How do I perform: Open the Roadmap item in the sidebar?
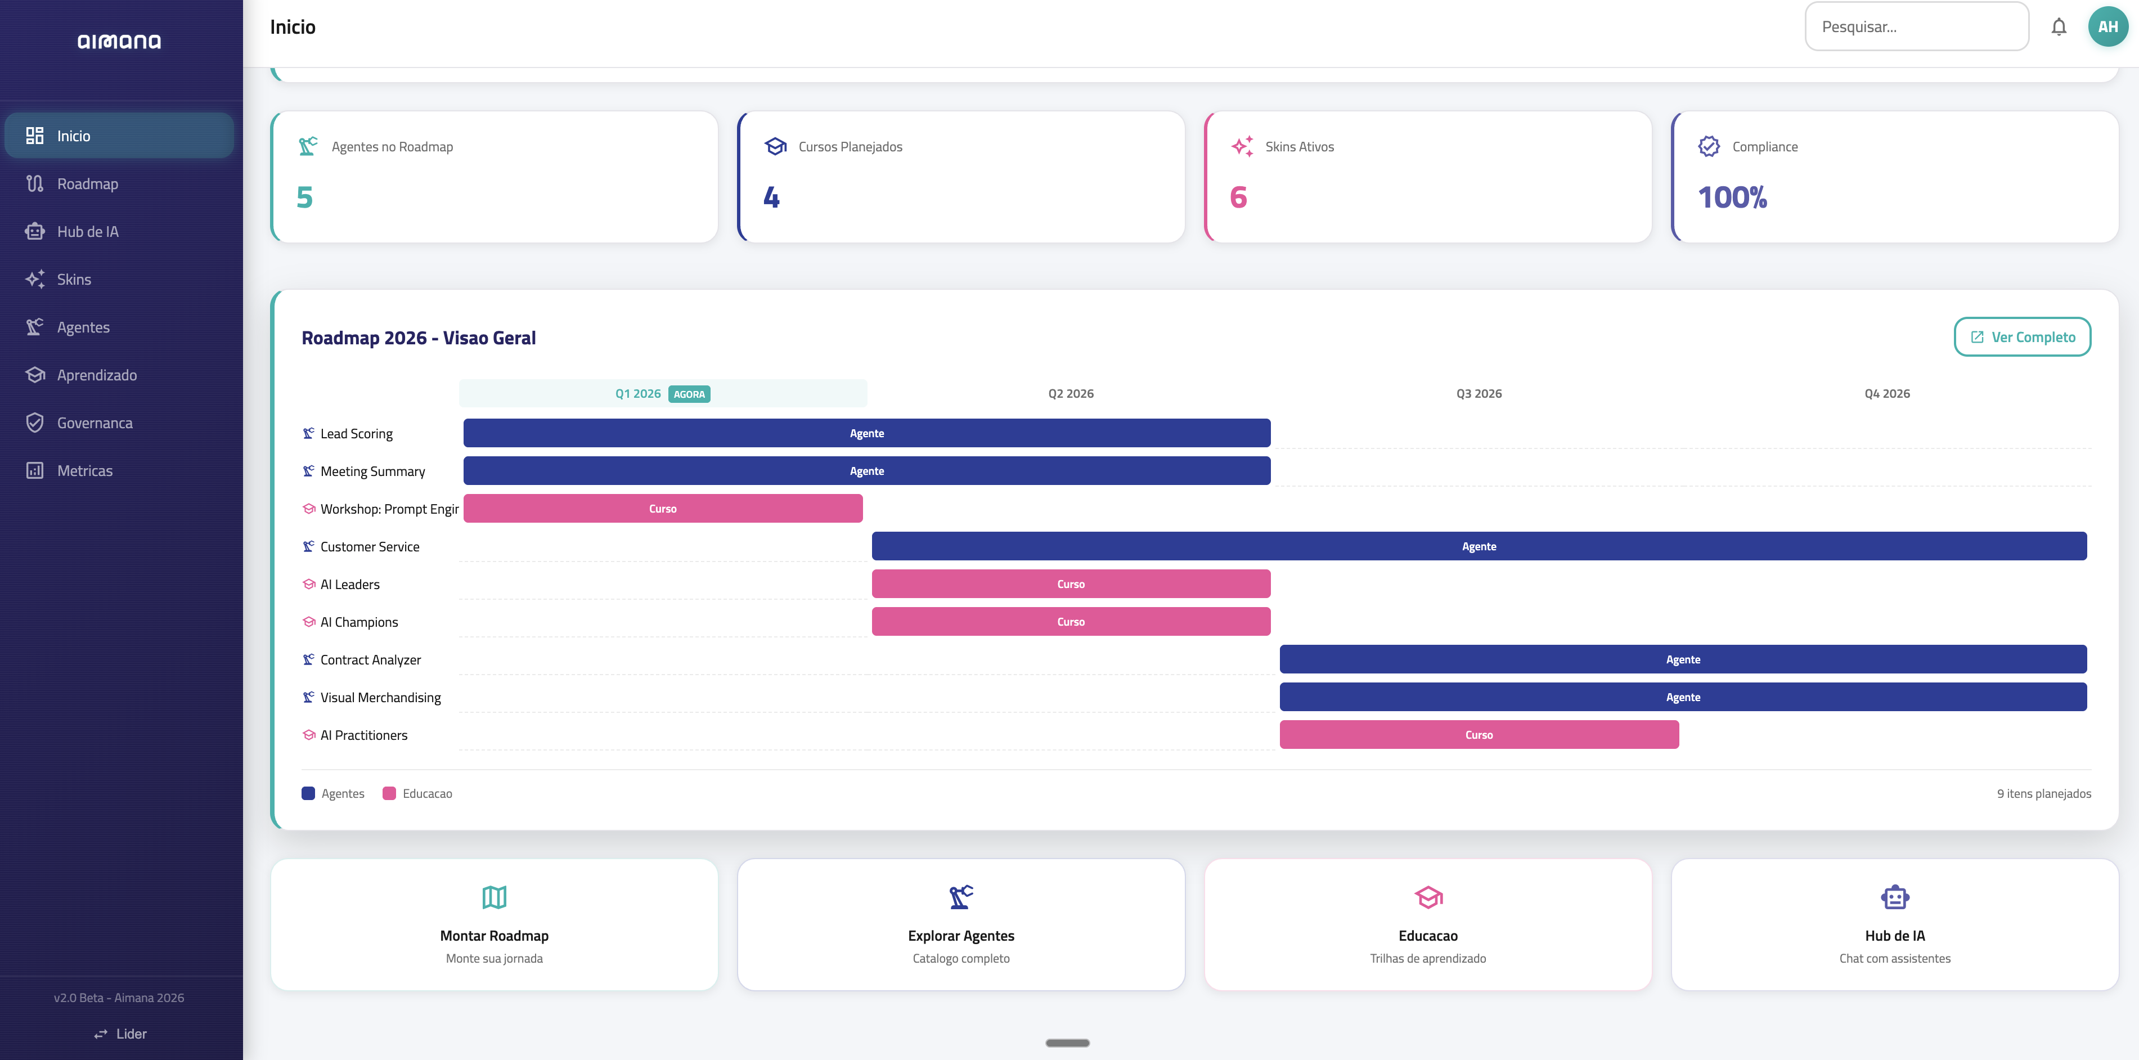pyautogui.click(x=87, y=183)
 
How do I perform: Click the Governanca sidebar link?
pyautogui.click(x=94, y=423)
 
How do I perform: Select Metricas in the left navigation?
pyautogui.click(x=84, y=470)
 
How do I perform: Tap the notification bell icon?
pyautogui.click(x=2059, y=26)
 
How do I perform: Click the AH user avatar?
pyautogui.click(x=2107, y=26)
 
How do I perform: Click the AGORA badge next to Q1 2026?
pyautogui.click(x=689, y=394)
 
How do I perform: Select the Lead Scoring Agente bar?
pyautogui.click(x=866, y=433)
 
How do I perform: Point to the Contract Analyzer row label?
pyautogui.click(x=370, y=659)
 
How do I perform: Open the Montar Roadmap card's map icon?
pyautogui.click(x=494, y=897)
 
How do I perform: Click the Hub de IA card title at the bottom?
pyautogui.click(x=1894, y=936)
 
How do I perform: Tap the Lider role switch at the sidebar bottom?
pyautogui.click(x=120, y=1034)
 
